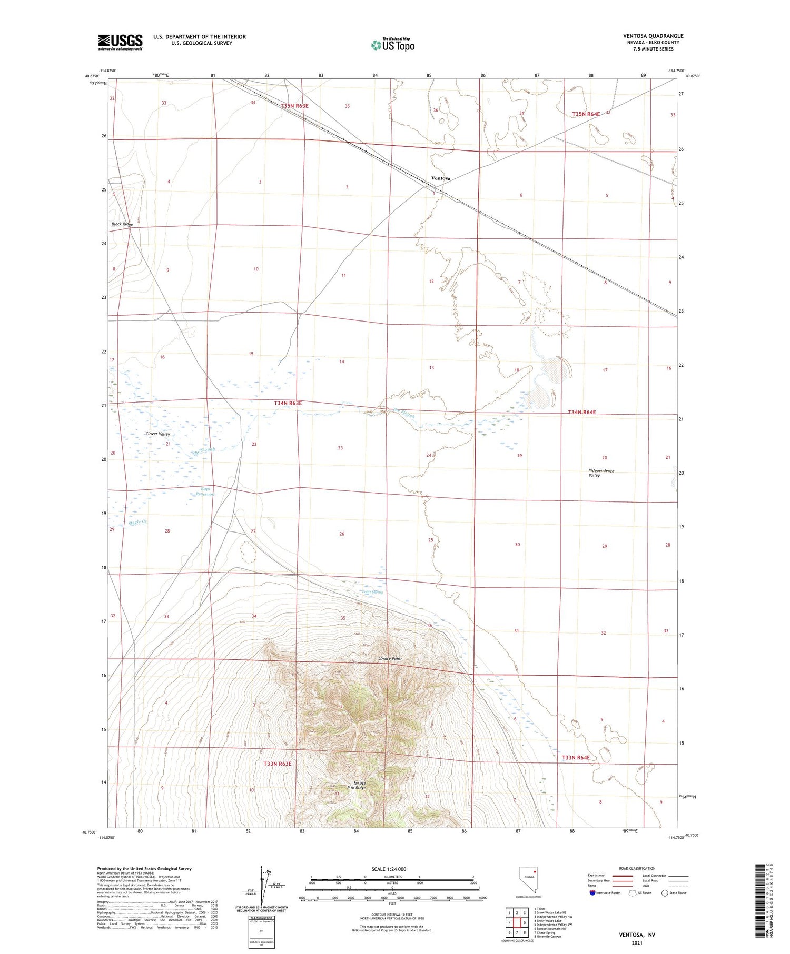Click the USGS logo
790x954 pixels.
120,42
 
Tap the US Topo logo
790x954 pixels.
393,45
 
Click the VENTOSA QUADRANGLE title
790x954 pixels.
653,36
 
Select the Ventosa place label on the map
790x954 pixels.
440,178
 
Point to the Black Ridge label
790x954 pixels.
122,224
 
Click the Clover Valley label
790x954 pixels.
157,434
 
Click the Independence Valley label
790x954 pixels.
601,473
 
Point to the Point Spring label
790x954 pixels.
372,592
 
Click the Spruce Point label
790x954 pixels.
390,658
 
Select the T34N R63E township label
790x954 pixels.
288,403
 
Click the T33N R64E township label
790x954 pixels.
576,757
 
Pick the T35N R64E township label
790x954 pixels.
586,114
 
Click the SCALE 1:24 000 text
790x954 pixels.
389,869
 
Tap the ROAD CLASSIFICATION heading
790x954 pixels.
637,868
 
